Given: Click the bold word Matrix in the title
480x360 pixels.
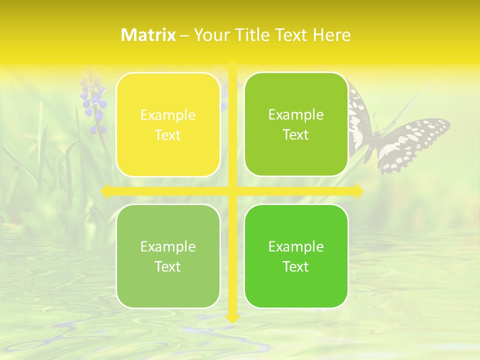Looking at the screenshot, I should [148, 35].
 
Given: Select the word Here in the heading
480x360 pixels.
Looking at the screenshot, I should [332, 35].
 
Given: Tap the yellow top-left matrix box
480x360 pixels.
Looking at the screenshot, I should [168, 125].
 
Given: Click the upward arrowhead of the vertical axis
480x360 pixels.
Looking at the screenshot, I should [232, 64].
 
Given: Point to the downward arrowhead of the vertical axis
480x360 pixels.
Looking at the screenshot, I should [232, 318].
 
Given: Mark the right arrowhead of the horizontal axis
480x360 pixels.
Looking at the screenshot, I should [358, 191].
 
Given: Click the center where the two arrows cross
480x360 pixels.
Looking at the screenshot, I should [232, 191].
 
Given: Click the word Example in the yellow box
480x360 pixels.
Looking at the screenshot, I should [168, 115].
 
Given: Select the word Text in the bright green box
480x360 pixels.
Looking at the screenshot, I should [296, 266].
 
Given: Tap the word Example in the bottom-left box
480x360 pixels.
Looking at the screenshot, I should [168, 246].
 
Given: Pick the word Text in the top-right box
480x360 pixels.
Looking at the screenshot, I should [296, 134].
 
